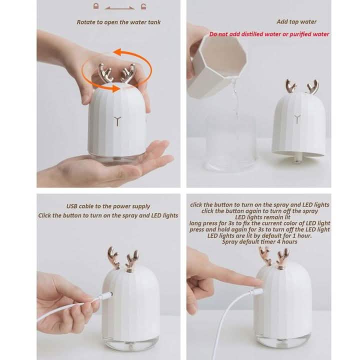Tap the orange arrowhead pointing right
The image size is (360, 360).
[116, 89]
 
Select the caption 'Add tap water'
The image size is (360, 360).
[296, 22]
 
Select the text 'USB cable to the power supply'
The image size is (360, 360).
[108, 206]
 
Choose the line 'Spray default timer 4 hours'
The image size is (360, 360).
[260, 241]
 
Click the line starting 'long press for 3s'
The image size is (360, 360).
[259, 223]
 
